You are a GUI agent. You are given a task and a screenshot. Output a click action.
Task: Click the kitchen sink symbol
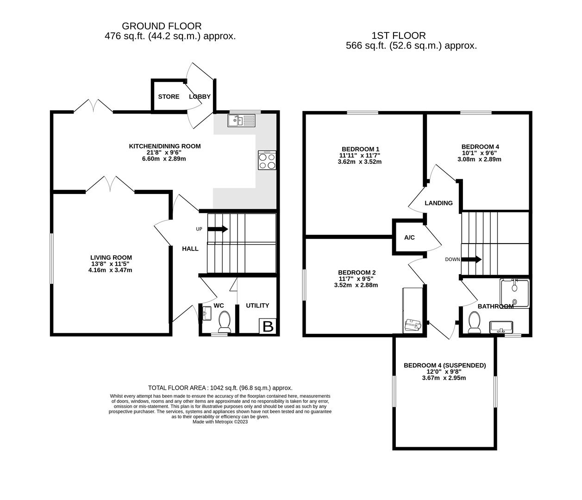point(241,121)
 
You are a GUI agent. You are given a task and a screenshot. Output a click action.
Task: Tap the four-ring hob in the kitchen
point(267,160)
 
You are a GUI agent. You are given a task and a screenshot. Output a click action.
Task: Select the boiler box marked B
point(268,326)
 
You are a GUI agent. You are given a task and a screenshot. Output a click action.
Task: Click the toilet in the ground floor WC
point(225,322)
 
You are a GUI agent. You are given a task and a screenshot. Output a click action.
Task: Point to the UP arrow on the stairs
point(218,229)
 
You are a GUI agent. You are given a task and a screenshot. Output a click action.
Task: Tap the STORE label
point(169,97)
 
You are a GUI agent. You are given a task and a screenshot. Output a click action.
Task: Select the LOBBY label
point(200,97)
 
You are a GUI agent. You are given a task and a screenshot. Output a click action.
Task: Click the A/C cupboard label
point(409,237)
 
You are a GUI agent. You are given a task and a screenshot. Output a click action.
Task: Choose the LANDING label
point(438,203)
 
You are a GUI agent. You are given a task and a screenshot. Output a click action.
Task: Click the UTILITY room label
point(257,306)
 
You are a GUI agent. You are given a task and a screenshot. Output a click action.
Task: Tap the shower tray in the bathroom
point(514,293)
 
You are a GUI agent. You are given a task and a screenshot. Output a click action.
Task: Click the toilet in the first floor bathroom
point(474,323)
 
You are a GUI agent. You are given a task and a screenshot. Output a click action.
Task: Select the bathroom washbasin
point(501,327)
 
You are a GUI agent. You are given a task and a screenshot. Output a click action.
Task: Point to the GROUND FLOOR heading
point(162,26)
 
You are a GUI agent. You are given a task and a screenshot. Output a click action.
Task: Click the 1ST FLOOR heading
point(399,36)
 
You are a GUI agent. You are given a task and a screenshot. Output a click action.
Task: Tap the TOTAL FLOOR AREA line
point(220,388)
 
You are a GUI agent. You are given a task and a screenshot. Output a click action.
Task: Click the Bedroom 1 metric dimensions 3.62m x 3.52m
point(359,162)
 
